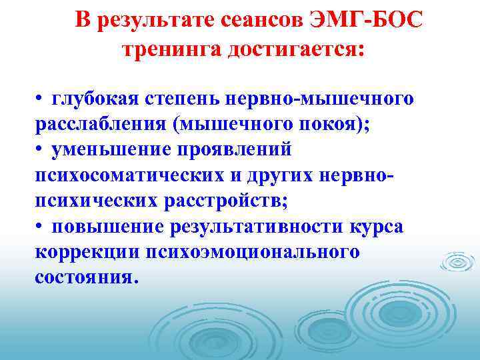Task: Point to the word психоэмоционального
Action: point(261,252)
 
